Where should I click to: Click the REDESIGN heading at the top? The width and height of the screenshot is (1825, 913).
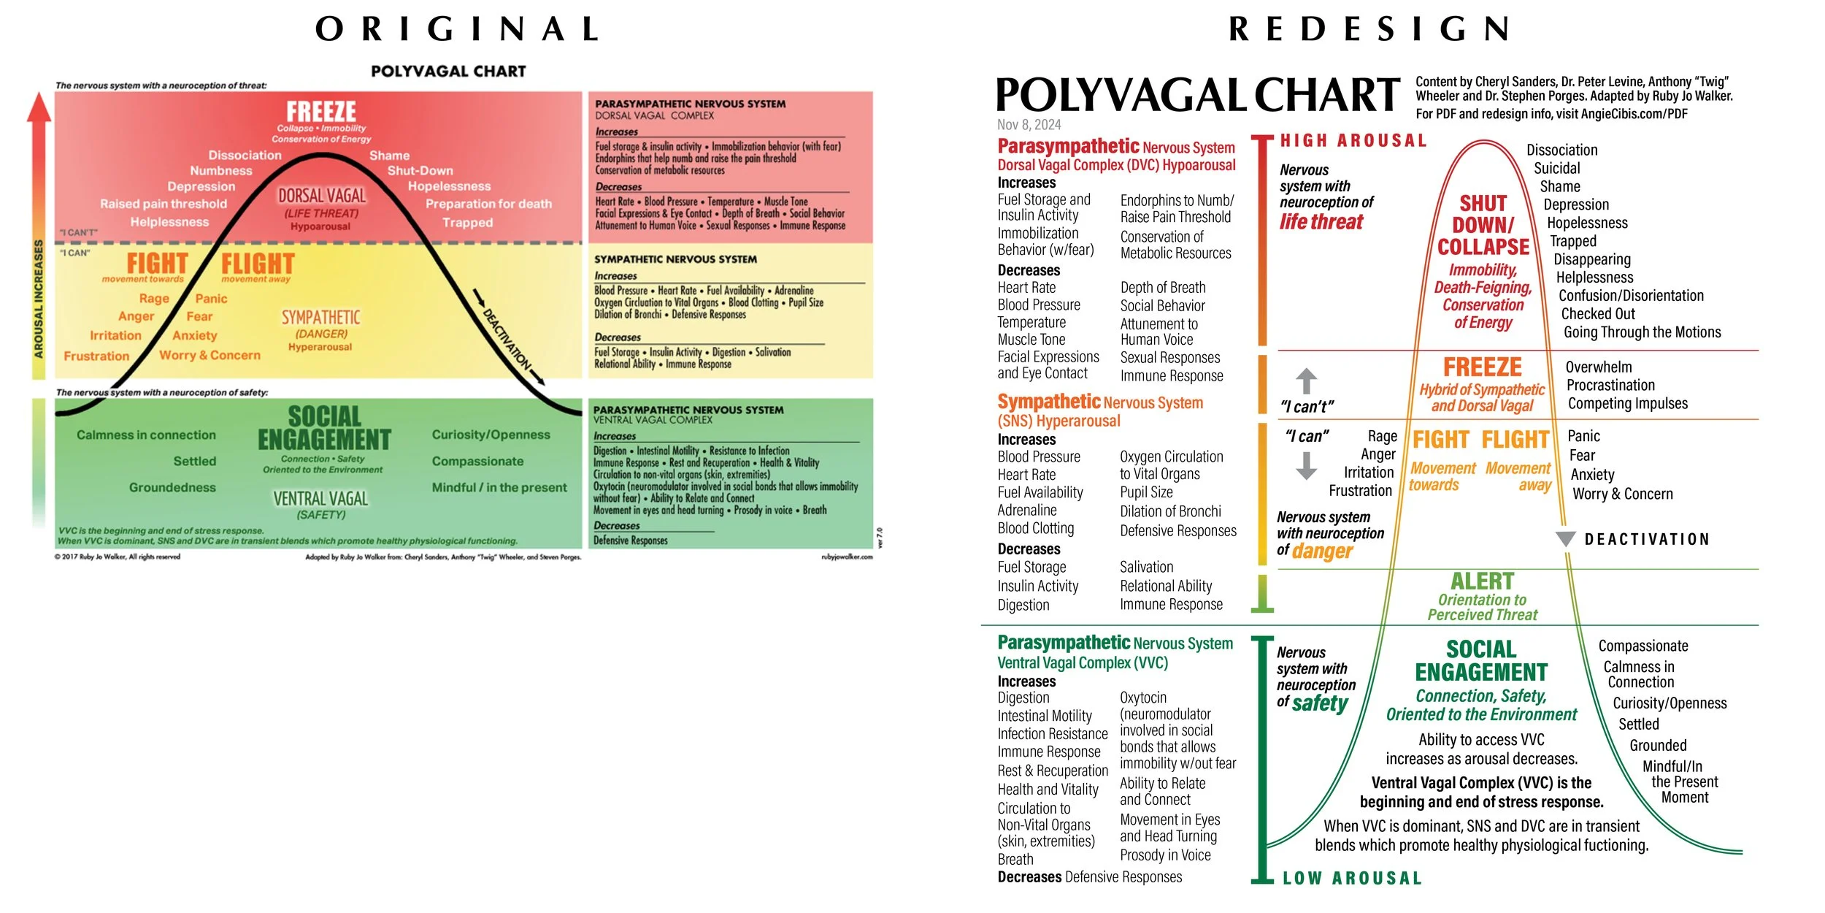click(1369, 29)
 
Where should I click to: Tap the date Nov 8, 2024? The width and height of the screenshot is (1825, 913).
click(1029, 125)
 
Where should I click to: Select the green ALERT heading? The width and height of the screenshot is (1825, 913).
click(1482, 581)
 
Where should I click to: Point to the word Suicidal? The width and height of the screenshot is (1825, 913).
click(1556, 168)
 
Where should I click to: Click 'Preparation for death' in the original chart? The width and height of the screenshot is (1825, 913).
click(488, 204)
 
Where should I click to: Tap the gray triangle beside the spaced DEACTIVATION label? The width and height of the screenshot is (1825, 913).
click(1565, 539)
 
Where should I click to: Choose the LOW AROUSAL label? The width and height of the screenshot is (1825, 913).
click(1352, 878)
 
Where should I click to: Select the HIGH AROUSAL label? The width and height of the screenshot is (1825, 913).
click(1353, 140)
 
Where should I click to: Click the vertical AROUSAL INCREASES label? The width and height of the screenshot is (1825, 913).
click(39, 299)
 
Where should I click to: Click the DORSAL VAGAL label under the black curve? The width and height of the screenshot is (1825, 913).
click(322, 196)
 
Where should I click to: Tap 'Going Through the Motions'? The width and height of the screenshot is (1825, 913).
click(1642, 332)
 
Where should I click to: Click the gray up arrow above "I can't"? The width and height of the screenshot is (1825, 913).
click(1306, 381)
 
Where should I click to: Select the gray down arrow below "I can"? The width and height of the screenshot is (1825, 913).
click(1306, 465)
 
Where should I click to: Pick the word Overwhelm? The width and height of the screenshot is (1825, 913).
click(1598, 367)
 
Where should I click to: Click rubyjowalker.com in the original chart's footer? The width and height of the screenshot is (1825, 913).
click(846, 557)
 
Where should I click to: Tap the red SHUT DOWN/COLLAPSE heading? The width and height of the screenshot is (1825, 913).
click(1483, 225)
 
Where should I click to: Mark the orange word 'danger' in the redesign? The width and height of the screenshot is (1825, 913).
click(1322, 551)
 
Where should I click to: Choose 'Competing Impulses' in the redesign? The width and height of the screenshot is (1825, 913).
click(1627, 403)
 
